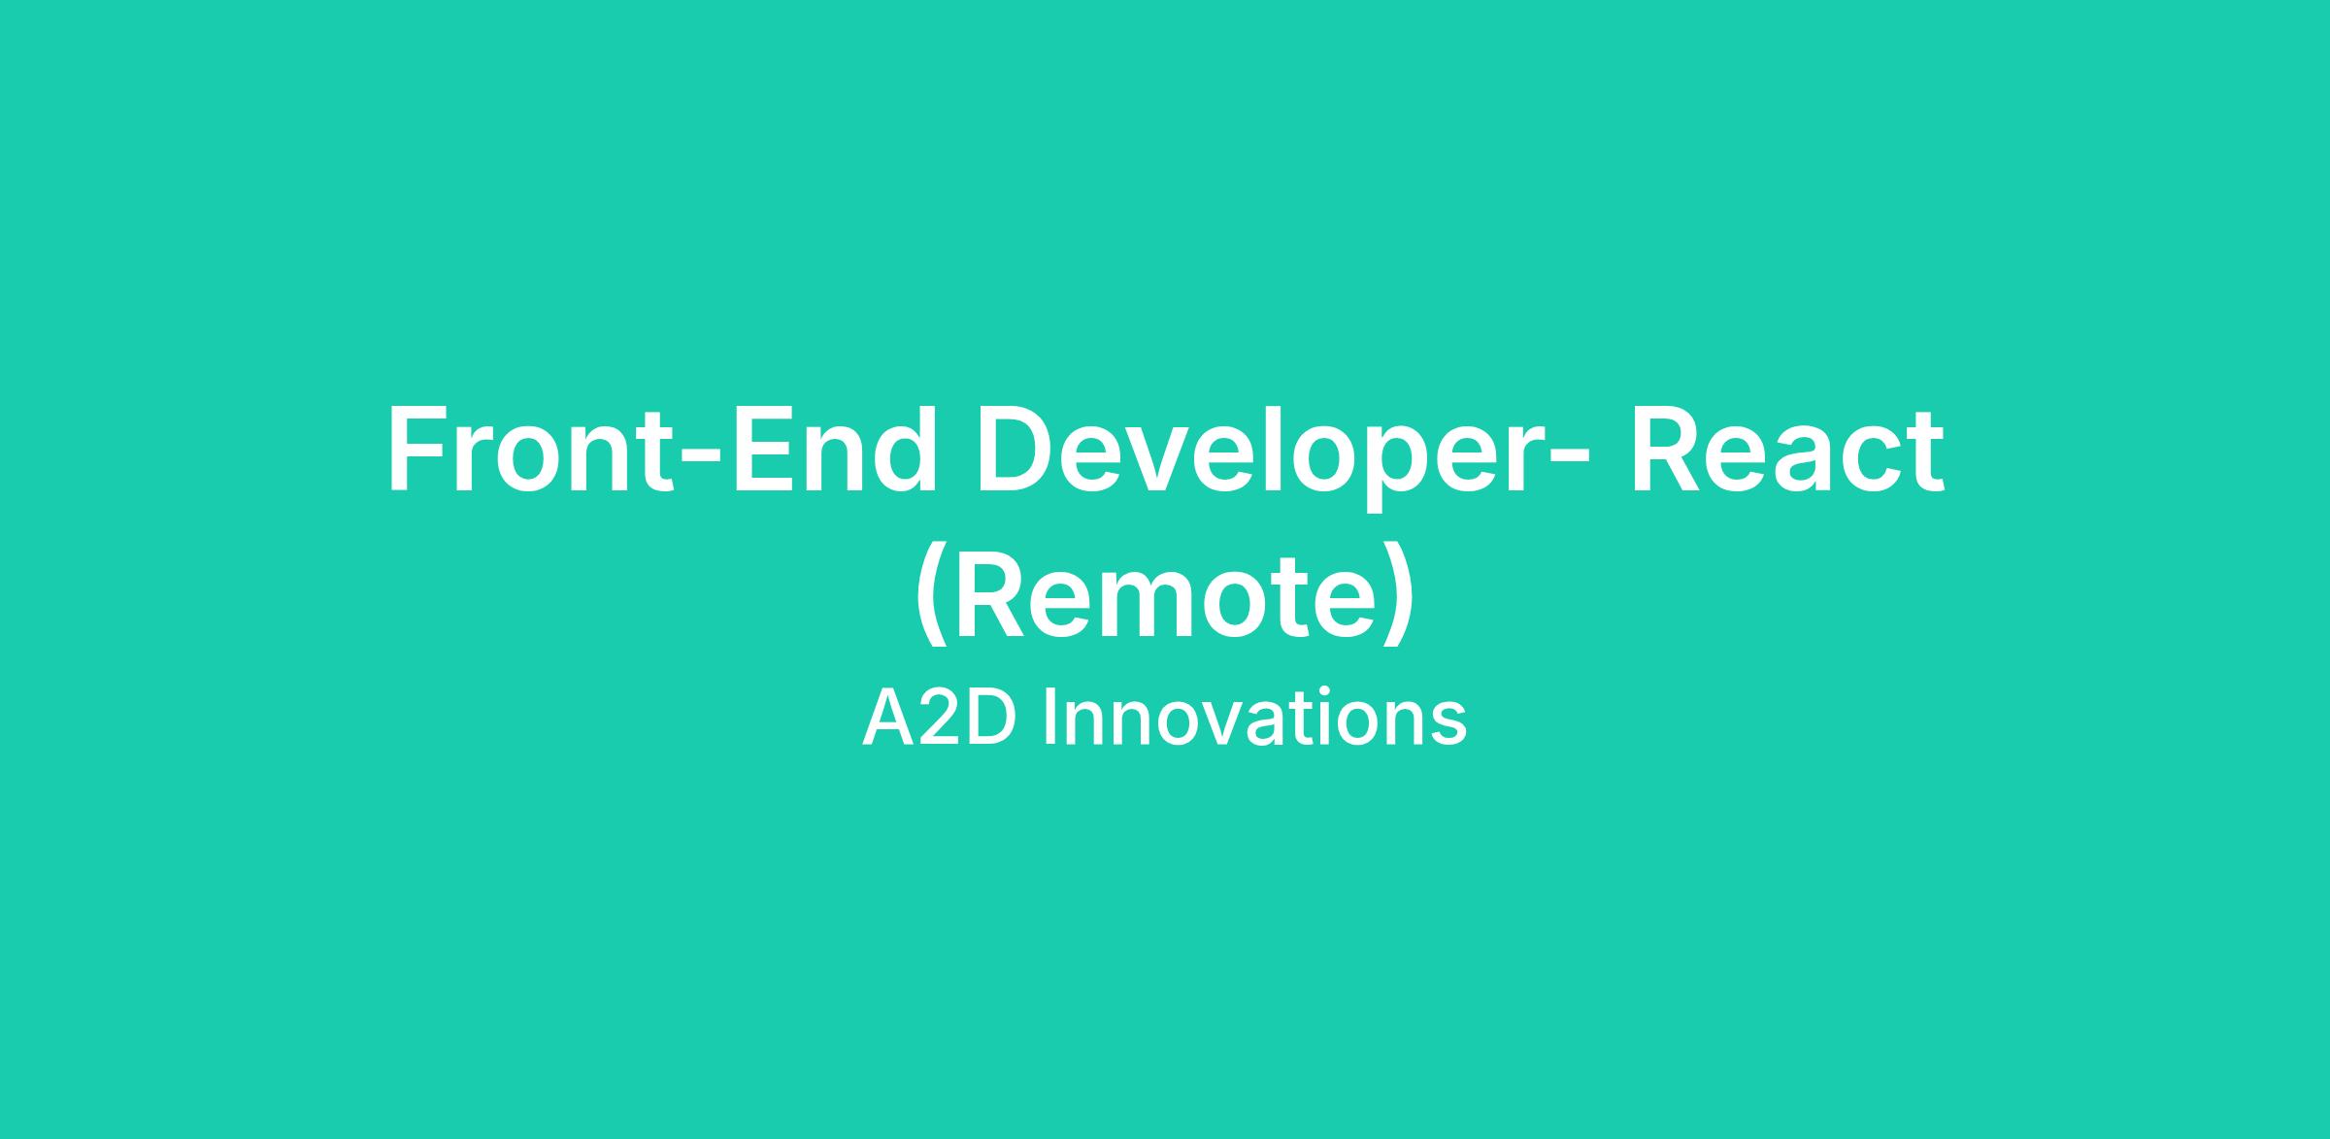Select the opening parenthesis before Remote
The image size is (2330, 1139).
tap(929, 594)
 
